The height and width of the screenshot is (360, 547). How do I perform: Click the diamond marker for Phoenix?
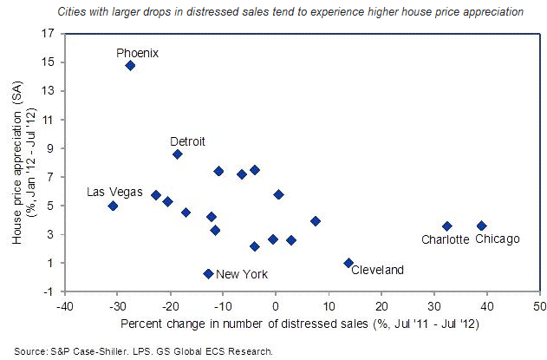pos(130,65)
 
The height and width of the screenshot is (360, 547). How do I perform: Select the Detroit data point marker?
pos(178,154)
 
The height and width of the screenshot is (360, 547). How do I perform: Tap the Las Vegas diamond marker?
pos(113,206)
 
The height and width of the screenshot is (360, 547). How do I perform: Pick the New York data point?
pos(208,273)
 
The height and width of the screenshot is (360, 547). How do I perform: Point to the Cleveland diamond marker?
pos(348,263)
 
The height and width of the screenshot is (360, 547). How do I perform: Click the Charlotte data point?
pos(447,226)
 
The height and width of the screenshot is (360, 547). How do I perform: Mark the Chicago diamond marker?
pos(482,226)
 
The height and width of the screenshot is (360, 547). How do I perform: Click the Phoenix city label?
pos(138,52)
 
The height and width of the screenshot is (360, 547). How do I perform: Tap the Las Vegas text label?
pos(110,192)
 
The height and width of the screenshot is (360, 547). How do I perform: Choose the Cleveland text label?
pos(377,271)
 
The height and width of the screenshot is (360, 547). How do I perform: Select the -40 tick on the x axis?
pos(63,306)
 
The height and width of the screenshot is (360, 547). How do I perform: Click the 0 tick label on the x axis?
pos(275,306)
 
